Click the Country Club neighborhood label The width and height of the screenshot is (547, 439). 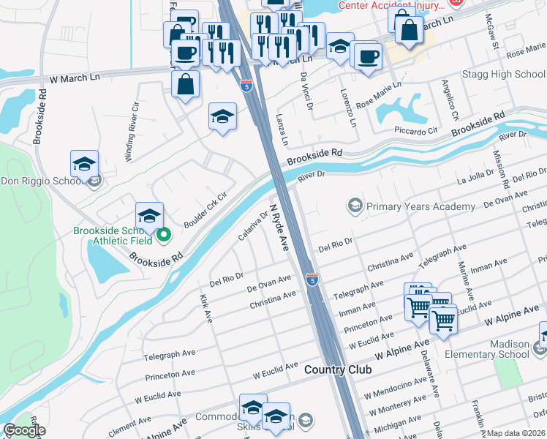338,369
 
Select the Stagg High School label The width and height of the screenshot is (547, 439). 503,75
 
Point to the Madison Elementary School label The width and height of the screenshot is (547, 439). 499,350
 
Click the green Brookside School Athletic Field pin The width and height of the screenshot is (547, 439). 165,235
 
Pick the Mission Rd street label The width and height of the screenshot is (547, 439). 500,166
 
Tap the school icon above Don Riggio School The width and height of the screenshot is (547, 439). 85,164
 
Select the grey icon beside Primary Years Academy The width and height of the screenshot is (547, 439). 355,206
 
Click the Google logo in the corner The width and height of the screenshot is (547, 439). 24,430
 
